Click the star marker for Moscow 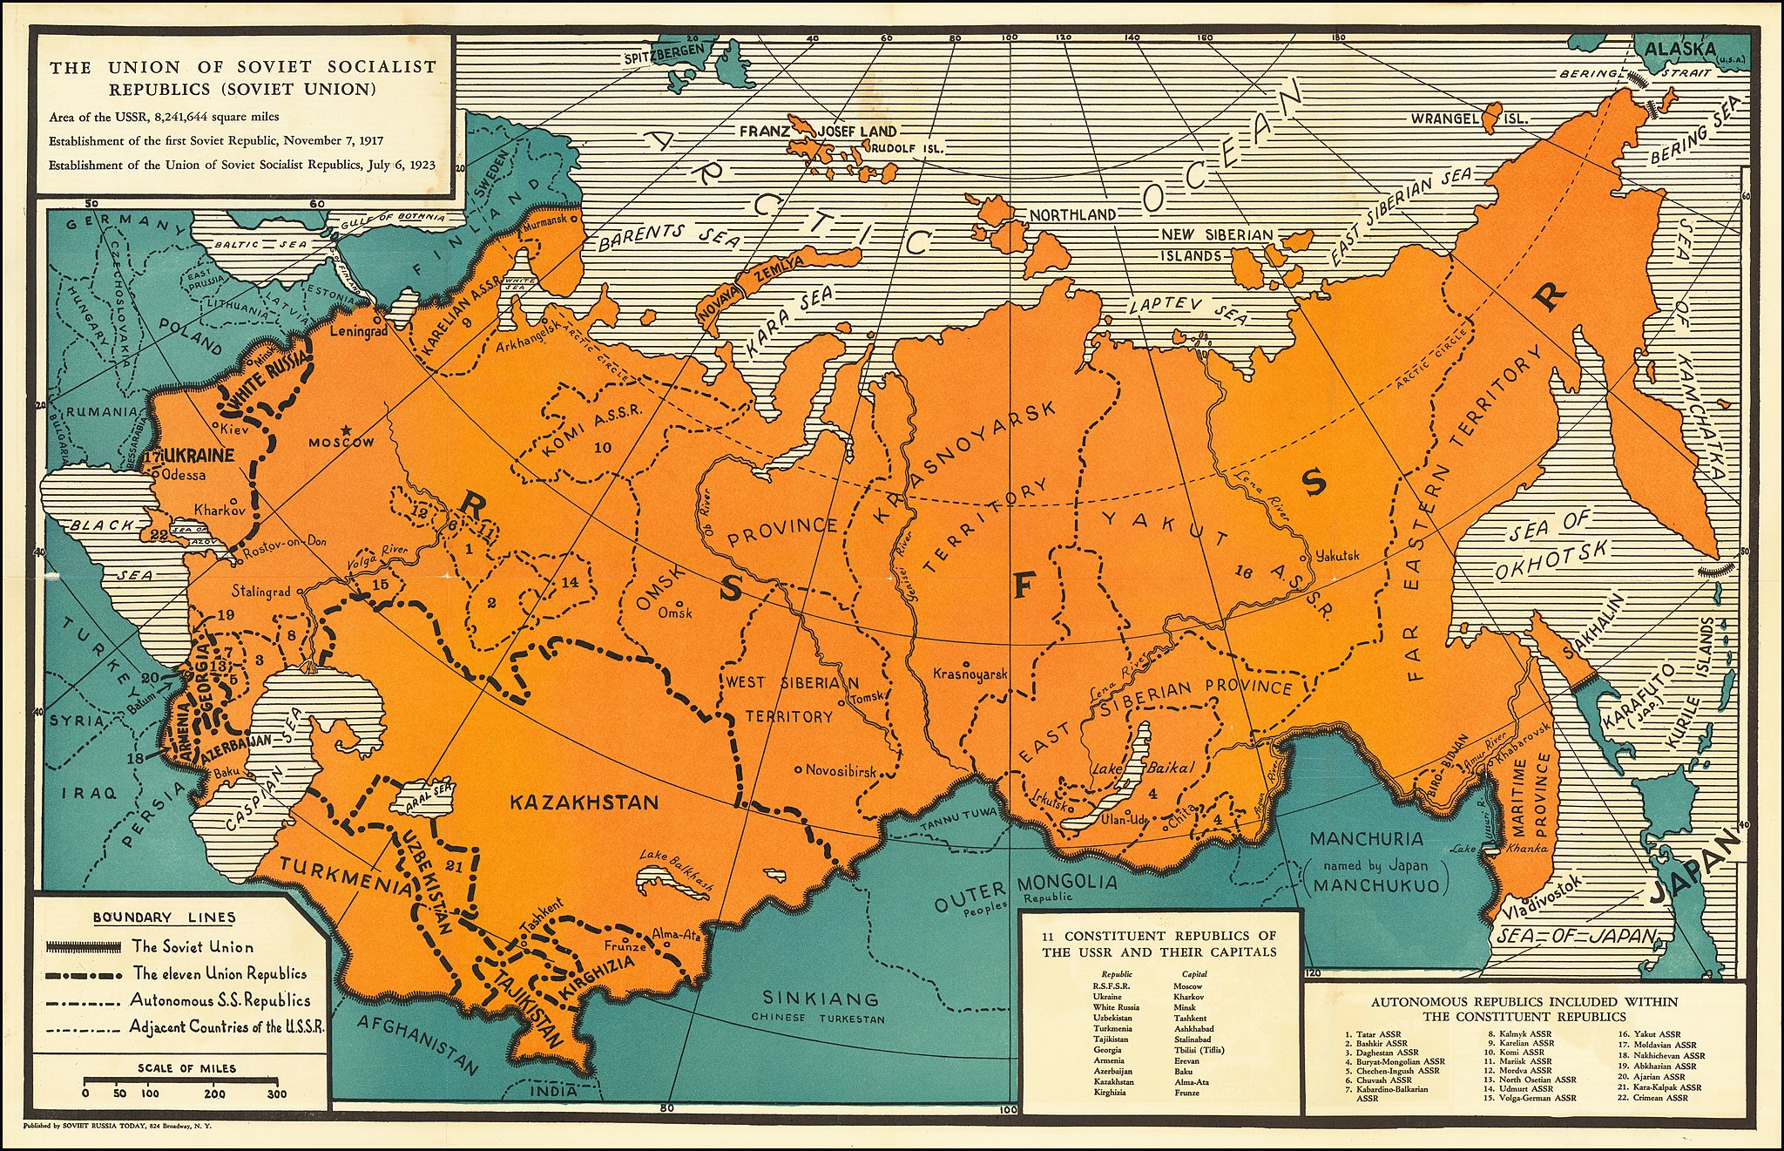(x=348, y=430)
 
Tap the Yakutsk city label (x=1337, y=555)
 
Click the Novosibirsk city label (x=840, y=770)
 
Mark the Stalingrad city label (x=261, y=592)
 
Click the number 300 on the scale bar (x=277, y=1093)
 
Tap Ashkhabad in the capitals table (x=1193, y=1028)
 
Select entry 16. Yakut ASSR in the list (x=1645, y=1034)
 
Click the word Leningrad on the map (x=359, y=332)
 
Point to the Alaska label (x=1680, y=49)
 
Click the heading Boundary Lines (x=164, y=917)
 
